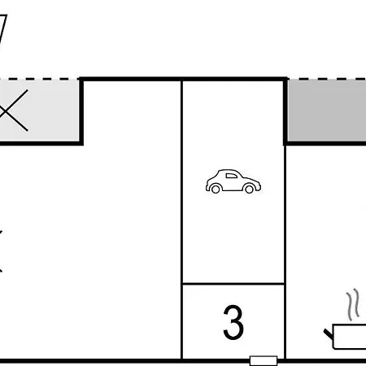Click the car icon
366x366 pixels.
(x=233, y=181)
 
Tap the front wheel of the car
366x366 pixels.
(x=249, y=189)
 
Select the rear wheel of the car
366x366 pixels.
(x=216, y=189)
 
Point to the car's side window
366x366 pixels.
(x=231, y=176)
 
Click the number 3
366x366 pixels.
(x=233, y=322)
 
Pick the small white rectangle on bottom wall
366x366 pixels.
(x=264, y=361)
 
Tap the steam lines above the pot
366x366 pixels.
(x=353, y=304)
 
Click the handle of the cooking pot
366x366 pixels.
(x=329, y=334)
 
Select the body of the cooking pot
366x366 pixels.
(x=349, y=336)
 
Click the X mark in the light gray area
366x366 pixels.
(x=13, y=111)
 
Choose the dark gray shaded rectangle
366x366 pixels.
(x=327, y=111)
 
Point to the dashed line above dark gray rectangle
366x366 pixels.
(x=327, y=79)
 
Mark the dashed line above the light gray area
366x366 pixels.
(x=39, y=79)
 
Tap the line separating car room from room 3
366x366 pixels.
(x=233, y=284)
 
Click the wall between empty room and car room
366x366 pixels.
(x=181, y=220)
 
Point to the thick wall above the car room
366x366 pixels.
(x=183, y=79)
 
